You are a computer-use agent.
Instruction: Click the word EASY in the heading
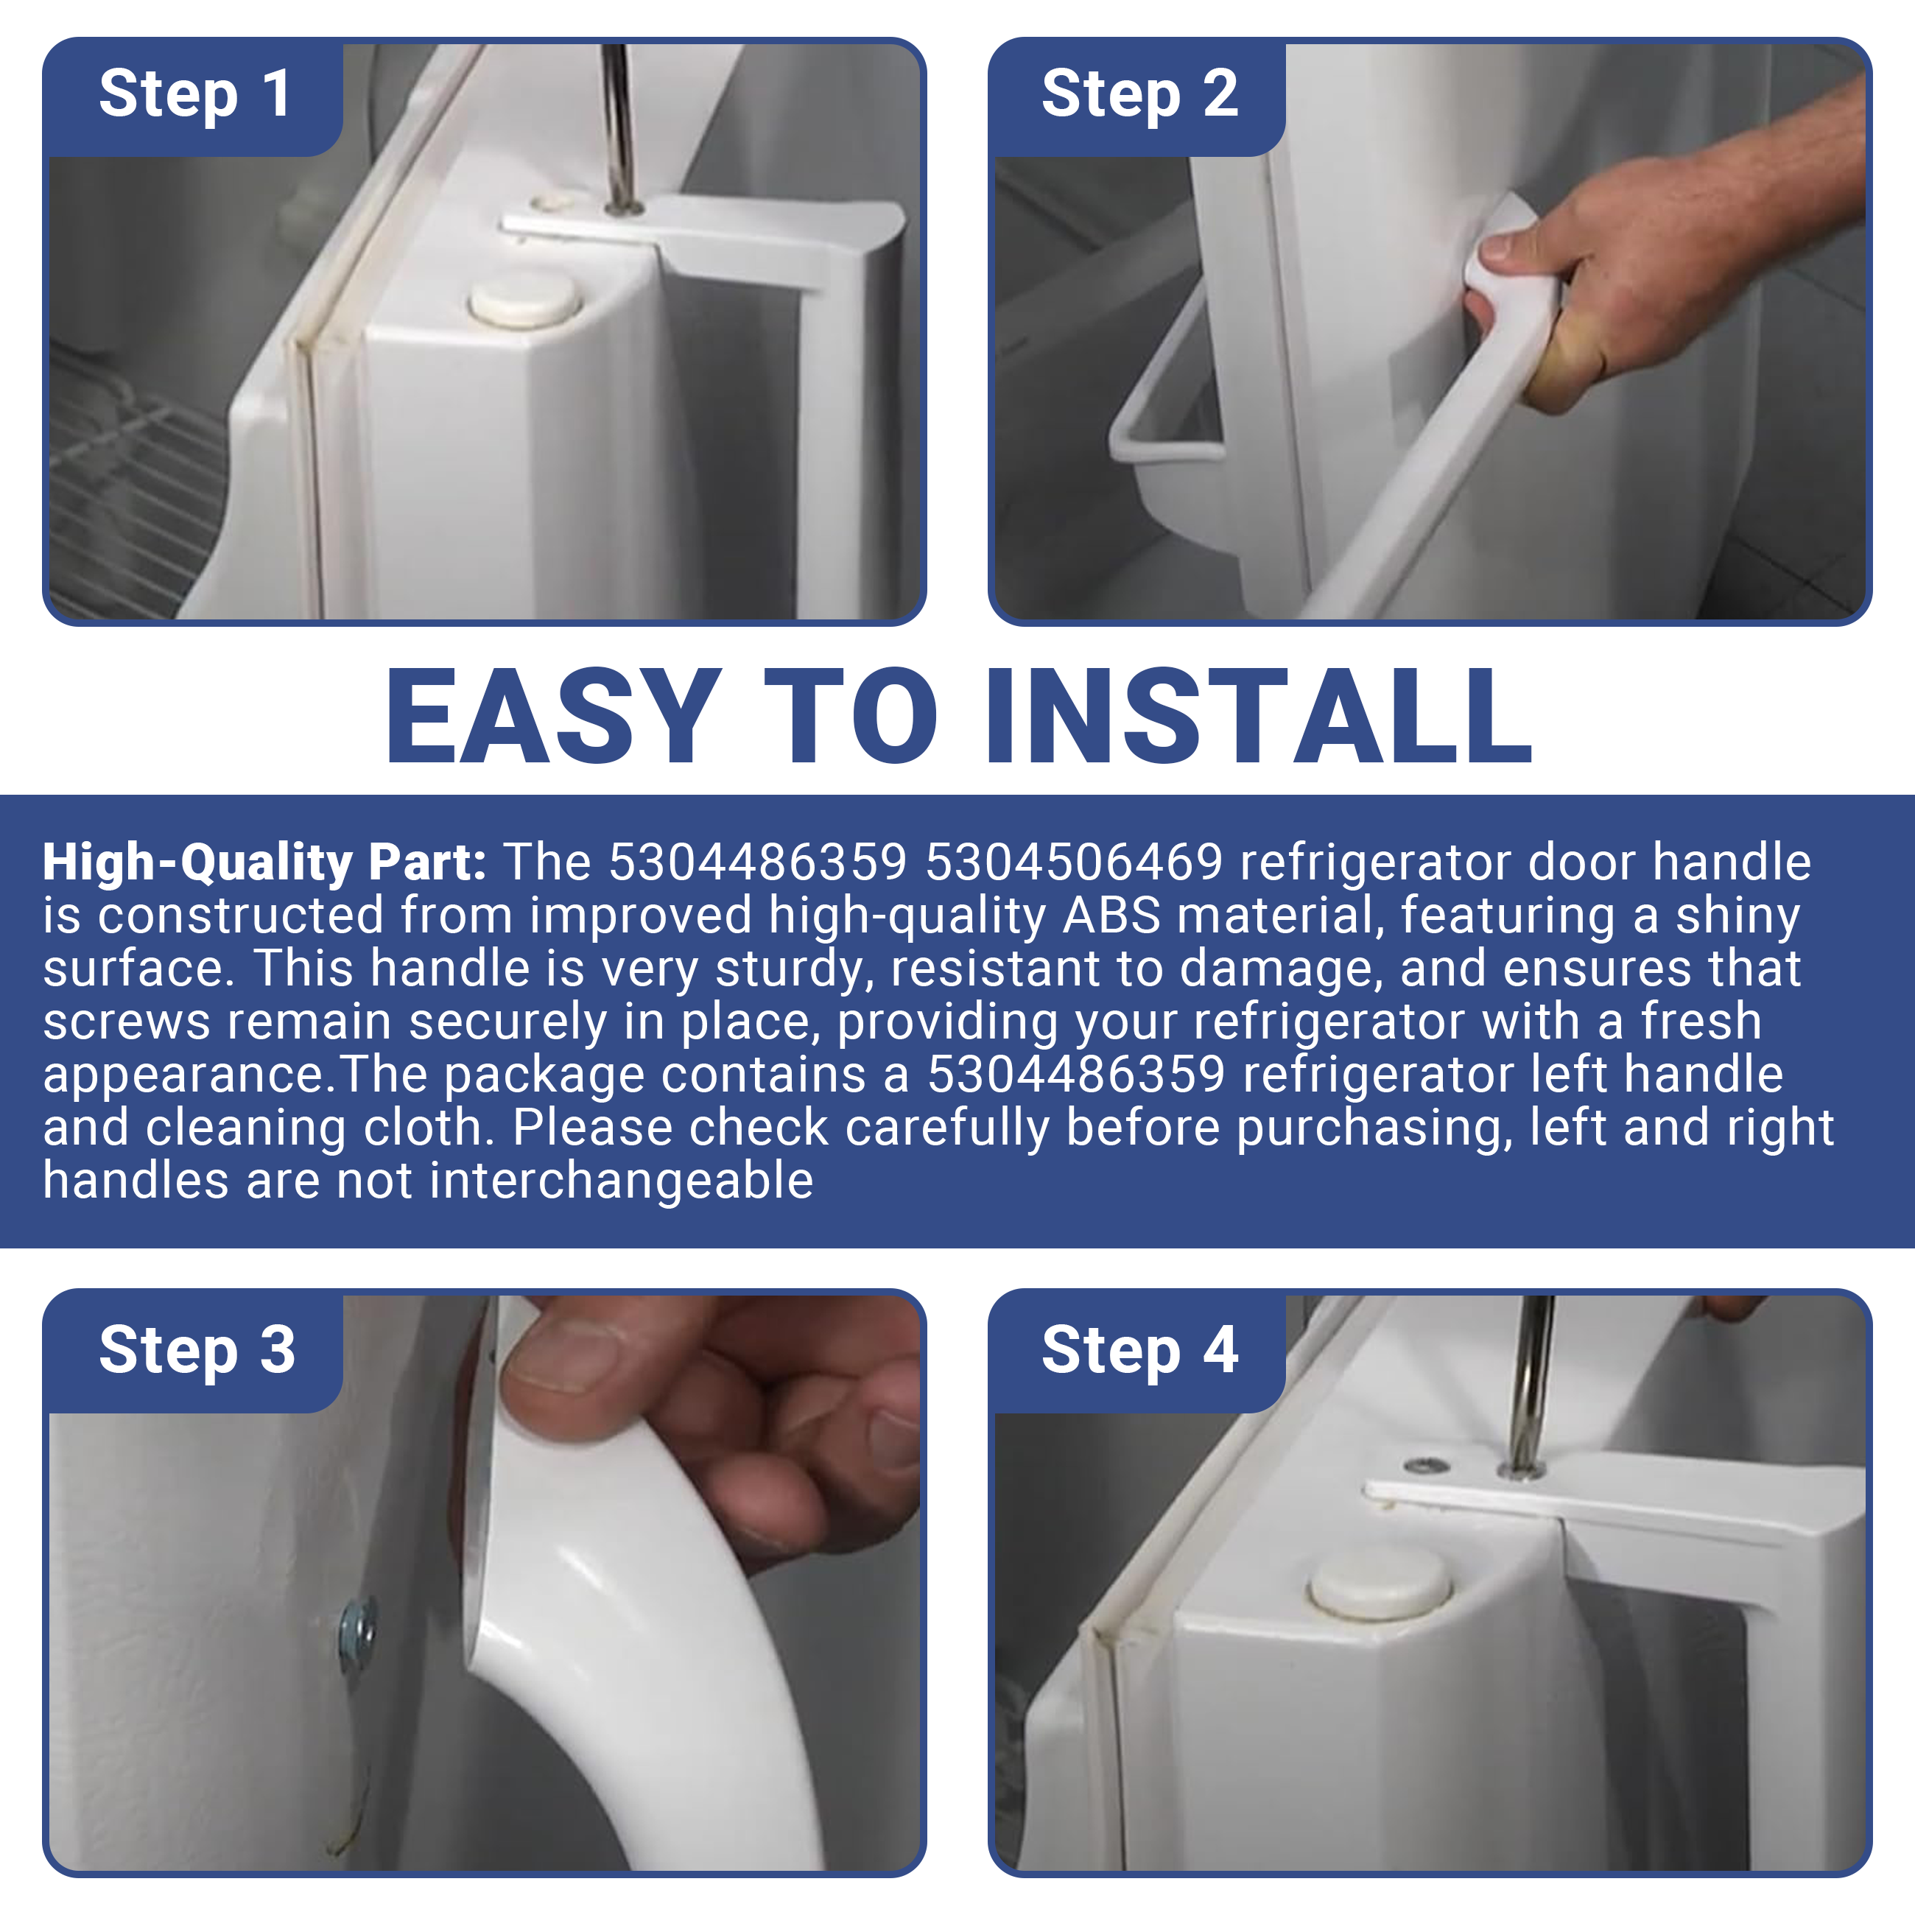click(553, 716)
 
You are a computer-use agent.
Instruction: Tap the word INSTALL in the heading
click(1259, 716)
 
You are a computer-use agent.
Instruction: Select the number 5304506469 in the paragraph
click(1073, 861)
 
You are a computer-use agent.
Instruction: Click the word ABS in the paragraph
click(1111, 915)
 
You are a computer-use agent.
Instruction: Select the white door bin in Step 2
click(1170, 436)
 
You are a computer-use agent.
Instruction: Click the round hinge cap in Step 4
click(1379, 1586)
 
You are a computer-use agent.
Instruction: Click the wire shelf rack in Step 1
click(134, 485)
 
